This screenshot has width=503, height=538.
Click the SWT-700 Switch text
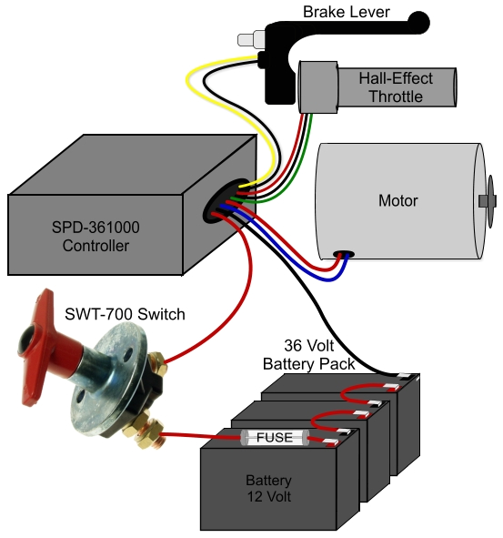tap(125, 314)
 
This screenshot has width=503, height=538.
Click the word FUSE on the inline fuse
tap(274, 438)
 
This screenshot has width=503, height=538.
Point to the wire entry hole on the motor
tap(345, 254)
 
